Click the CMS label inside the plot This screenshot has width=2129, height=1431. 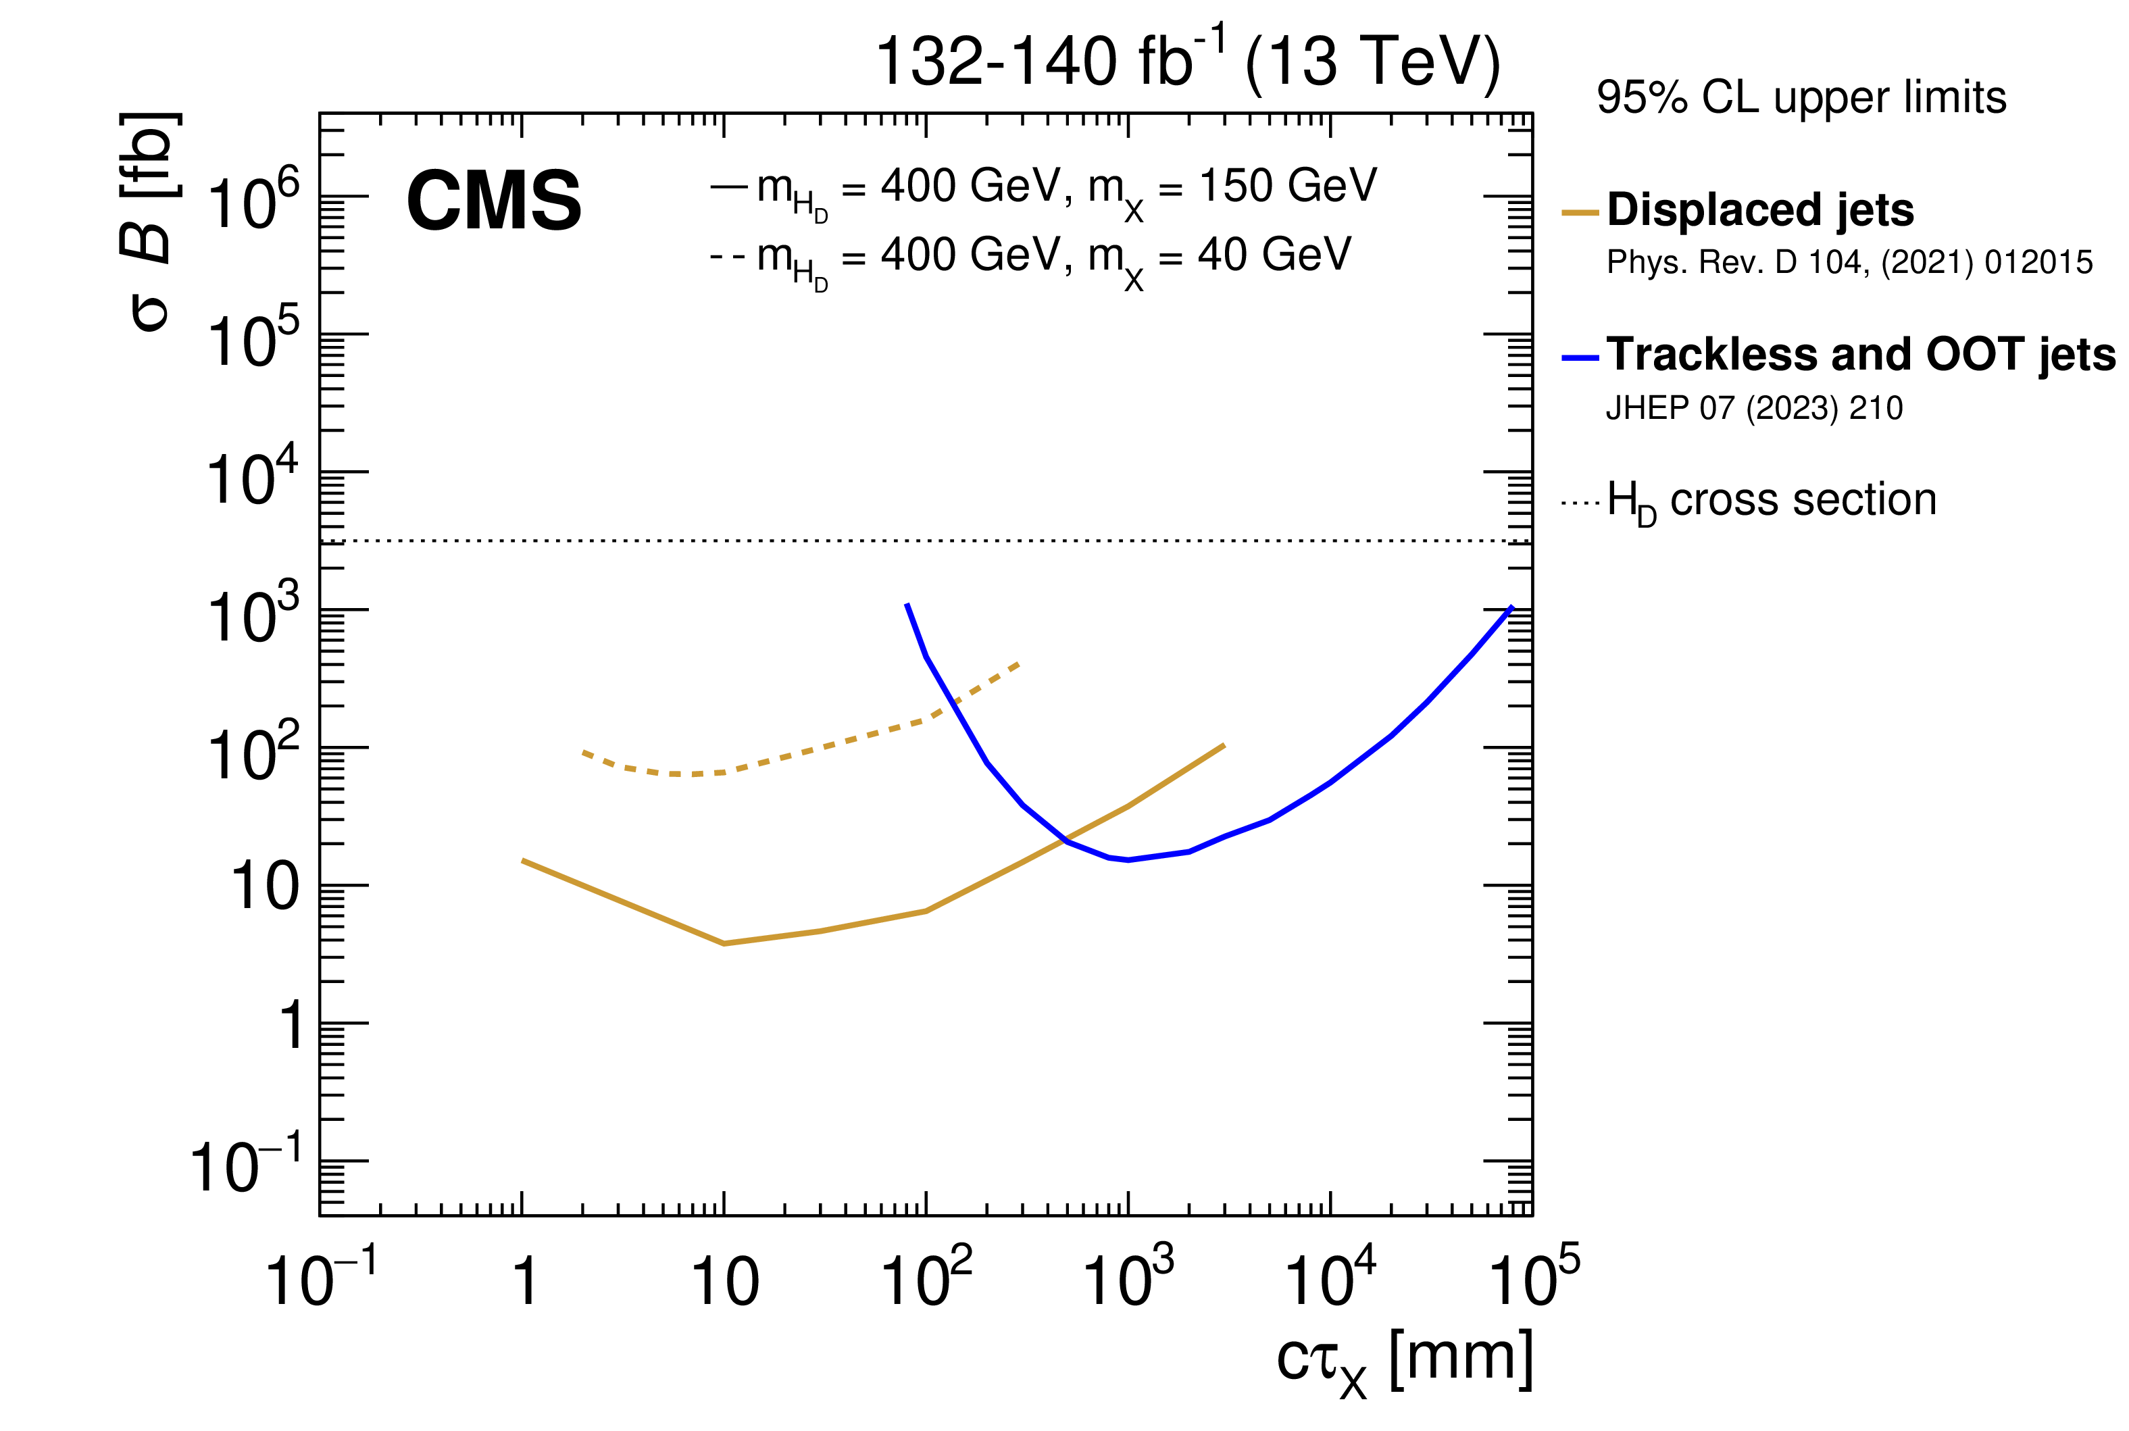pyautogui.click(x=494, y=202)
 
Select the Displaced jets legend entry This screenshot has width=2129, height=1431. pyautogui.click(x=1759, y=210)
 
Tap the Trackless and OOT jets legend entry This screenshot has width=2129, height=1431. pyautogui.click(x=1860, y=355)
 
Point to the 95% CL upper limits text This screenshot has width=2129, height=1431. pyautogui.click(x=1801, y=98)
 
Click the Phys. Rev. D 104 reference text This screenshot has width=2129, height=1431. pyautogui.click(x=1849, y=263)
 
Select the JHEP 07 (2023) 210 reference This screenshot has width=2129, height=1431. pyautogui.click(x=1754, y=408)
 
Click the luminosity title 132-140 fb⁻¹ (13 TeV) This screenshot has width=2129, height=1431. pyautogui.click(x=1187, y=62)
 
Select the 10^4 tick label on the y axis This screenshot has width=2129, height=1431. pyautogui.click(x=253, y=478)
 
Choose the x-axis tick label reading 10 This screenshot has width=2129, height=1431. pyautogui.click(x=724, y=1281)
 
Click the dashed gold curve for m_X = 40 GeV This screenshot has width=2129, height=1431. pyautogui.click(x=822, y=747)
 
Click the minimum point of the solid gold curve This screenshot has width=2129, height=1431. pyautogui.click(x=724, y=943)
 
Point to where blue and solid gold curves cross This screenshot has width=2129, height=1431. pyautogui.click(x=1065, y=840)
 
